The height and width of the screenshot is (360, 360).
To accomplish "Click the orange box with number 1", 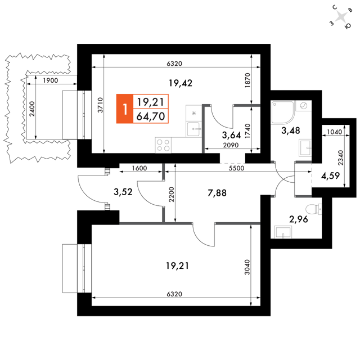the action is pos(125,109).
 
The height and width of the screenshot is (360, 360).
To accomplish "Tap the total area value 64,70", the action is pos(151,116).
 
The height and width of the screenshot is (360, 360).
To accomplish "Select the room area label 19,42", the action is pos(181,83).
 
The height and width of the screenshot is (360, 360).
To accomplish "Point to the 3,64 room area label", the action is pos(231,135).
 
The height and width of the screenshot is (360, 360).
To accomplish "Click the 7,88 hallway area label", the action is pos(217,193).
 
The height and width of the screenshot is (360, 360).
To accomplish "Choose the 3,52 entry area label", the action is pos(123,192).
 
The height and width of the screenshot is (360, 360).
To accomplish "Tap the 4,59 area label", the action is pos(330,176).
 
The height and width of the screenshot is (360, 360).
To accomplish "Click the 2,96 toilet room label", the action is pos(299,219).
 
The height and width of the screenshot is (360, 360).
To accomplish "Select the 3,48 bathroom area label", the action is pos(291,130).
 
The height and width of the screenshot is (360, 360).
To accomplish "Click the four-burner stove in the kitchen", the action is pos(163,145).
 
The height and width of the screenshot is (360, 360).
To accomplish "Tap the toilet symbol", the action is pos(314,209).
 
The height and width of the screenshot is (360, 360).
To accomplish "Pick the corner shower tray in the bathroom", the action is pos(282,112).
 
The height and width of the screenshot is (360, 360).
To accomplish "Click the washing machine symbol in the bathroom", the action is pos(304,106).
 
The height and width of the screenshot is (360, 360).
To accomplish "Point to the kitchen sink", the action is pos(194,129).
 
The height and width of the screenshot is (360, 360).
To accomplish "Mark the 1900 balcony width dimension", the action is pos(51,80).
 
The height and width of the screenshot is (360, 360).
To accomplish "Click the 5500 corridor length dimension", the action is pos(236,168).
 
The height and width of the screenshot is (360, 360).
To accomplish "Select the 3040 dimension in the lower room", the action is pos(247,267).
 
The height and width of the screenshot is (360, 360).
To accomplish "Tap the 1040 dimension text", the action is pos(335,132).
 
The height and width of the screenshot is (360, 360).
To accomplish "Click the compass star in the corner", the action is pos(341,17).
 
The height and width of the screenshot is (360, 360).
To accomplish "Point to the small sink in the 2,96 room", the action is pos(283,232).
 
